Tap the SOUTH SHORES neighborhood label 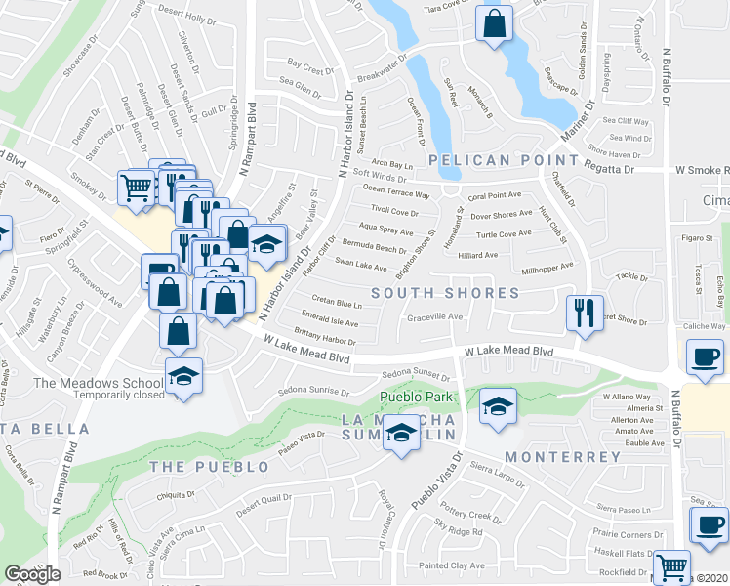tap(444, 293)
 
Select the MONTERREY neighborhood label tap(562, 457)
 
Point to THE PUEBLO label tap(209, 467)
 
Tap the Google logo tap(32, 574)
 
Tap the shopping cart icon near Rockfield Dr tap(670, 565)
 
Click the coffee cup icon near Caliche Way tap(705, 357)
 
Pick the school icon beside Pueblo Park tap(498, 407)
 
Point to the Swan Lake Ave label tap(361, 265)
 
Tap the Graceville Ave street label tap(434, 316)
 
